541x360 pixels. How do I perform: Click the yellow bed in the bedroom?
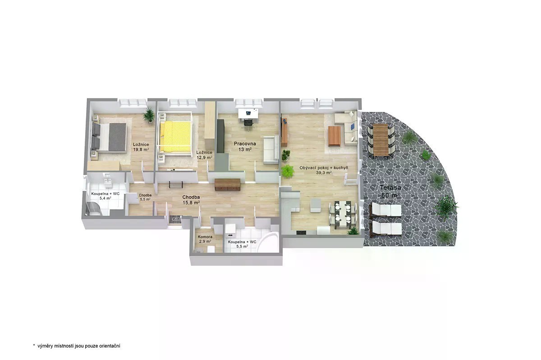175,137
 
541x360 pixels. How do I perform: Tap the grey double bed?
109,137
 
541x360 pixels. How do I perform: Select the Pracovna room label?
245,144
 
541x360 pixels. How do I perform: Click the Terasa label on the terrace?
390,188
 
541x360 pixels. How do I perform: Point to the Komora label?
205,237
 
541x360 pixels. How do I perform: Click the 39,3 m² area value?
324,173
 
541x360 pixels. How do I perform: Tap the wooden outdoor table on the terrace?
381,140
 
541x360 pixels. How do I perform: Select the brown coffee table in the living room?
334,136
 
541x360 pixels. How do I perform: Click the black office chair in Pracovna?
248,123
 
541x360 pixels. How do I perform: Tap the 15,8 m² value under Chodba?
191,203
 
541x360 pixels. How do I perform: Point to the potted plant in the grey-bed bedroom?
149,115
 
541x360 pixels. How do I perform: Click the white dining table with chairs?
343,215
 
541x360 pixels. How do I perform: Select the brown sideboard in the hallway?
227,185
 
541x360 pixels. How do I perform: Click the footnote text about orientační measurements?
77,346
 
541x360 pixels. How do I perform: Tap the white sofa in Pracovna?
271,150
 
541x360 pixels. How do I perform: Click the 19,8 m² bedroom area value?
141,150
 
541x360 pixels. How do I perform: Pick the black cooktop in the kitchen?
301,233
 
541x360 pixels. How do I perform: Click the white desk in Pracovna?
248,114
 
